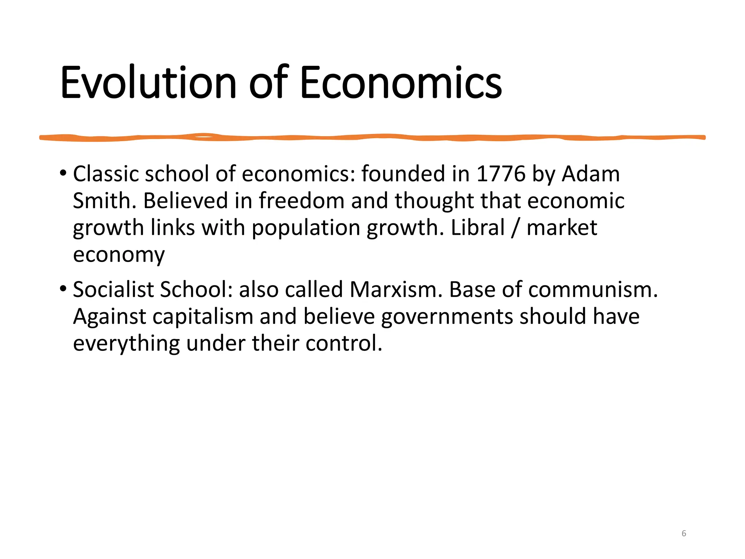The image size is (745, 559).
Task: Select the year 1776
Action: [501, 174]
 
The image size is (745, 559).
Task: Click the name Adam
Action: [591, 174]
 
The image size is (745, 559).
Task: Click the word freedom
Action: [302, 201]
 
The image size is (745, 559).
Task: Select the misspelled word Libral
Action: [478, 228]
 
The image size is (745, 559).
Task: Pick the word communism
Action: [590, 290]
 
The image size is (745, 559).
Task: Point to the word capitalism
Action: [203, 317]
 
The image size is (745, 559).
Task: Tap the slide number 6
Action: [684, 534]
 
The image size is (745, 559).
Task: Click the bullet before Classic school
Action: [63, 173]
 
